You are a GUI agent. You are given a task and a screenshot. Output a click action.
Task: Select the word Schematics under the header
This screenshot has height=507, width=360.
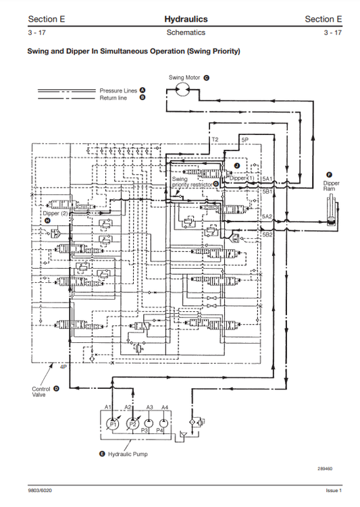pyautogui.click(x=185, y=32)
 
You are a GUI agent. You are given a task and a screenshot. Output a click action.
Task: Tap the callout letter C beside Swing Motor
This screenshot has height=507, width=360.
pyautogui.click(x=206, y=78)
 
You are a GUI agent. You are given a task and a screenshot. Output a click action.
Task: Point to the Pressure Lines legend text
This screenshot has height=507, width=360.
pyautogui.click(x=118, y=90)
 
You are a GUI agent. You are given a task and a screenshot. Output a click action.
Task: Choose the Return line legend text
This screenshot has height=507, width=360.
pyautogui.click(x=113, y=98)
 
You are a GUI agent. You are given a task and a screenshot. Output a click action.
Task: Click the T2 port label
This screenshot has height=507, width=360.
pyautogui.click(x=215, y=138)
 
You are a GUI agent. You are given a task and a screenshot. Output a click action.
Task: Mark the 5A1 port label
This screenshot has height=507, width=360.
pyautogui.click(x=267, y=178)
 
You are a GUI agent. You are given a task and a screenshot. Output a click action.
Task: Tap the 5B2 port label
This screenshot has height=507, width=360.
pyautogui.click(x=267, y=234)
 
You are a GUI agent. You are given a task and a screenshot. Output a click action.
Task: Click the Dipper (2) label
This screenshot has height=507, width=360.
pyautogui.click(x=55, y=213)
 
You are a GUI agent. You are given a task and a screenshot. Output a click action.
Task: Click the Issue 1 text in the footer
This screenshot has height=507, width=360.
pyautogui.click(x=334, y=491)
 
